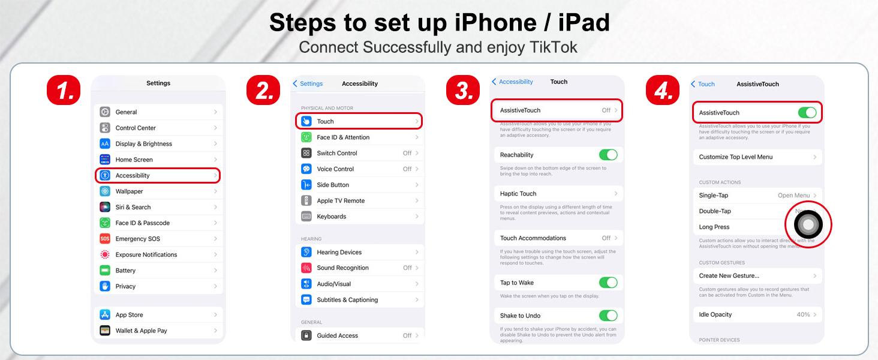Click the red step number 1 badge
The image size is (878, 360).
coord(64,90)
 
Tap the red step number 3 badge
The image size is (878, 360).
coord(463,90)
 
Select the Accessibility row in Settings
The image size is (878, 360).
coord(158,175)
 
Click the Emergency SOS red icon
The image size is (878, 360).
coord(105,238)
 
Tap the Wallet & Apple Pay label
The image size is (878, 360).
coord(141,331)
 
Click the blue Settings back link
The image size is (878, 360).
coord(308,83)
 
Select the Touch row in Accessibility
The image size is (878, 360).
coord(359,121)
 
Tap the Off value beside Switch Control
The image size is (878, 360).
coord(407,153)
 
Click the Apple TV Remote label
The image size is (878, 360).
coord(341,200)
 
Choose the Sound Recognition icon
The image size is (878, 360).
coord(306,268)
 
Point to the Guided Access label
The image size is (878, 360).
coord(337,335)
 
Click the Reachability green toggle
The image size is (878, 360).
coord(608,155)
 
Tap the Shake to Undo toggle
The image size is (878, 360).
coord(608,316)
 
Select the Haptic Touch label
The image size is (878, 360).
coord(518,194)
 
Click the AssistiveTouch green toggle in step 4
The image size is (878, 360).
coord(807,113)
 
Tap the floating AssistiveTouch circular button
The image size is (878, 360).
coord(808,225)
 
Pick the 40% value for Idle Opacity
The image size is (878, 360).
coord(803,314)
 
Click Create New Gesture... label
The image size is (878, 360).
coord(729,275)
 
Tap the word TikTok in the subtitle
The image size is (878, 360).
coord(553,47)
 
